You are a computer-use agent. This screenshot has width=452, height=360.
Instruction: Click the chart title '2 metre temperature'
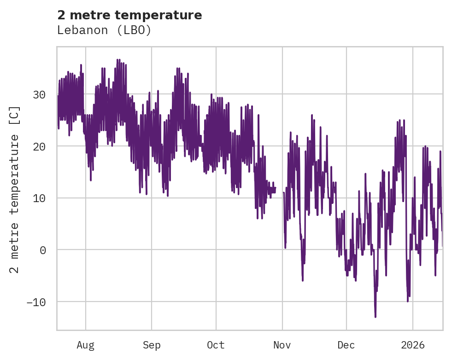pos(129,15)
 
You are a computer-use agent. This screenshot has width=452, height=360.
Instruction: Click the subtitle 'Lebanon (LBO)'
pos(104,30)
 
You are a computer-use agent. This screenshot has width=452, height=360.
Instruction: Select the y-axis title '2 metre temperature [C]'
pos(15,189)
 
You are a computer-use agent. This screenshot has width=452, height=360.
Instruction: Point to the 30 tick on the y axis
pos(39,94)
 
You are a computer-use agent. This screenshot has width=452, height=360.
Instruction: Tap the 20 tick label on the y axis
pos(39,146)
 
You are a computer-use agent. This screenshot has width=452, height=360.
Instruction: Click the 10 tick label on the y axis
pos(39,198)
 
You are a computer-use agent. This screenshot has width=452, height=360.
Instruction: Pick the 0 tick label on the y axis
pos(42,250)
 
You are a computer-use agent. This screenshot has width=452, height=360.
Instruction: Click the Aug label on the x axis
pos(85,345)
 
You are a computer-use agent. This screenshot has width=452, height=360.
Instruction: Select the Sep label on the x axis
pos(151,345)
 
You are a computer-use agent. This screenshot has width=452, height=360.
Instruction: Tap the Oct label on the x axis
pos(216,345)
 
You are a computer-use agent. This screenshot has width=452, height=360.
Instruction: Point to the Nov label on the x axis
pos(282,345)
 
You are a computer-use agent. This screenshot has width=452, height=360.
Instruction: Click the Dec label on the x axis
pos(346,345)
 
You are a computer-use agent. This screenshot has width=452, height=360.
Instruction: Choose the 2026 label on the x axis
pos(412,345)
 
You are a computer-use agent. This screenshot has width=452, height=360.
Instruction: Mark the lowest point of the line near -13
pos(375,317)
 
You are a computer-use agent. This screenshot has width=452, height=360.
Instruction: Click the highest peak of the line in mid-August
pos(117,59)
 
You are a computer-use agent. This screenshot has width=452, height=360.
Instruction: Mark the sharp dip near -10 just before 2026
pos(407,301)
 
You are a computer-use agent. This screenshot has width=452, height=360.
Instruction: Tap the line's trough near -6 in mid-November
pos(303,280)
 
